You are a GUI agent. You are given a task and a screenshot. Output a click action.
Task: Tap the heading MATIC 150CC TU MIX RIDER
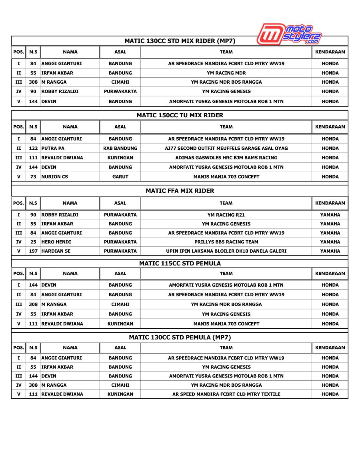point(180,115)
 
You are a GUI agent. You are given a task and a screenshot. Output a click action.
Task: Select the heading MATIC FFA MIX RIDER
point(180,191)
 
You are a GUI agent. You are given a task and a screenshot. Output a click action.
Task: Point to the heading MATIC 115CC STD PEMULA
point(180,263)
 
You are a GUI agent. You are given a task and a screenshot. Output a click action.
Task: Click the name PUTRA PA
point(53,148)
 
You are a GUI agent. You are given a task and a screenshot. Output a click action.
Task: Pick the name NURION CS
point(55,177)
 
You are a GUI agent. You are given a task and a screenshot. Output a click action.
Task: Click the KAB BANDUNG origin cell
point(120,148)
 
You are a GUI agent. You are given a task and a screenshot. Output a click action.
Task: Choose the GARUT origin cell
point(120,177)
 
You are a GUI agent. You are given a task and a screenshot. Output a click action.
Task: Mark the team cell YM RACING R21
point(226,215)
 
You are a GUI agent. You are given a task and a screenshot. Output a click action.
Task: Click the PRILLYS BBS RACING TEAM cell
point(226,242)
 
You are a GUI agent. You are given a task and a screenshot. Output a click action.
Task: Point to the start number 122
point(33,148)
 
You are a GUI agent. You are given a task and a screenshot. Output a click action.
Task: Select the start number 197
point(33,251)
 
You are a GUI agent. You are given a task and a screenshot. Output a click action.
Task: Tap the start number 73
point(33,177)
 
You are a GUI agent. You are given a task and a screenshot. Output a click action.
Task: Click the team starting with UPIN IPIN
point(226,251)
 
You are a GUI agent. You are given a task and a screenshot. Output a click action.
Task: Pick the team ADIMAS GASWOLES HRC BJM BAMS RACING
point(226,158)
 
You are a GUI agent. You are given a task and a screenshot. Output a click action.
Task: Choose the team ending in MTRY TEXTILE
point(226,394)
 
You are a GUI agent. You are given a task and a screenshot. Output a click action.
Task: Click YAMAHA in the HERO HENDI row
point(330,242)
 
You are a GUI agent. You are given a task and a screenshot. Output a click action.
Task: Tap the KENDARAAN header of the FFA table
point(330,203)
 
